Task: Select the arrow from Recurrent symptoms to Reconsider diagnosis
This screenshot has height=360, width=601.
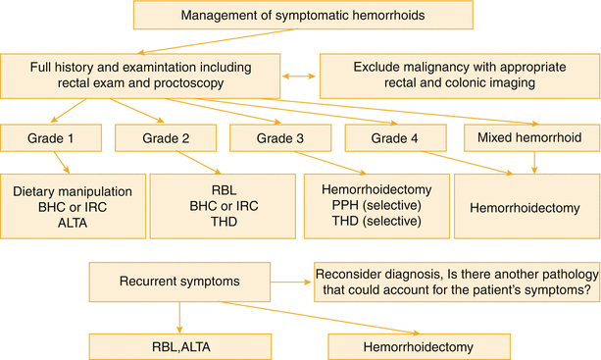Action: click(293, 281)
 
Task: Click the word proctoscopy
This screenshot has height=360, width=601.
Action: click(202, 84)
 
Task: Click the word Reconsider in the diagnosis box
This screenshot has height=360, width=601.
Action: click(356, 274)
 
